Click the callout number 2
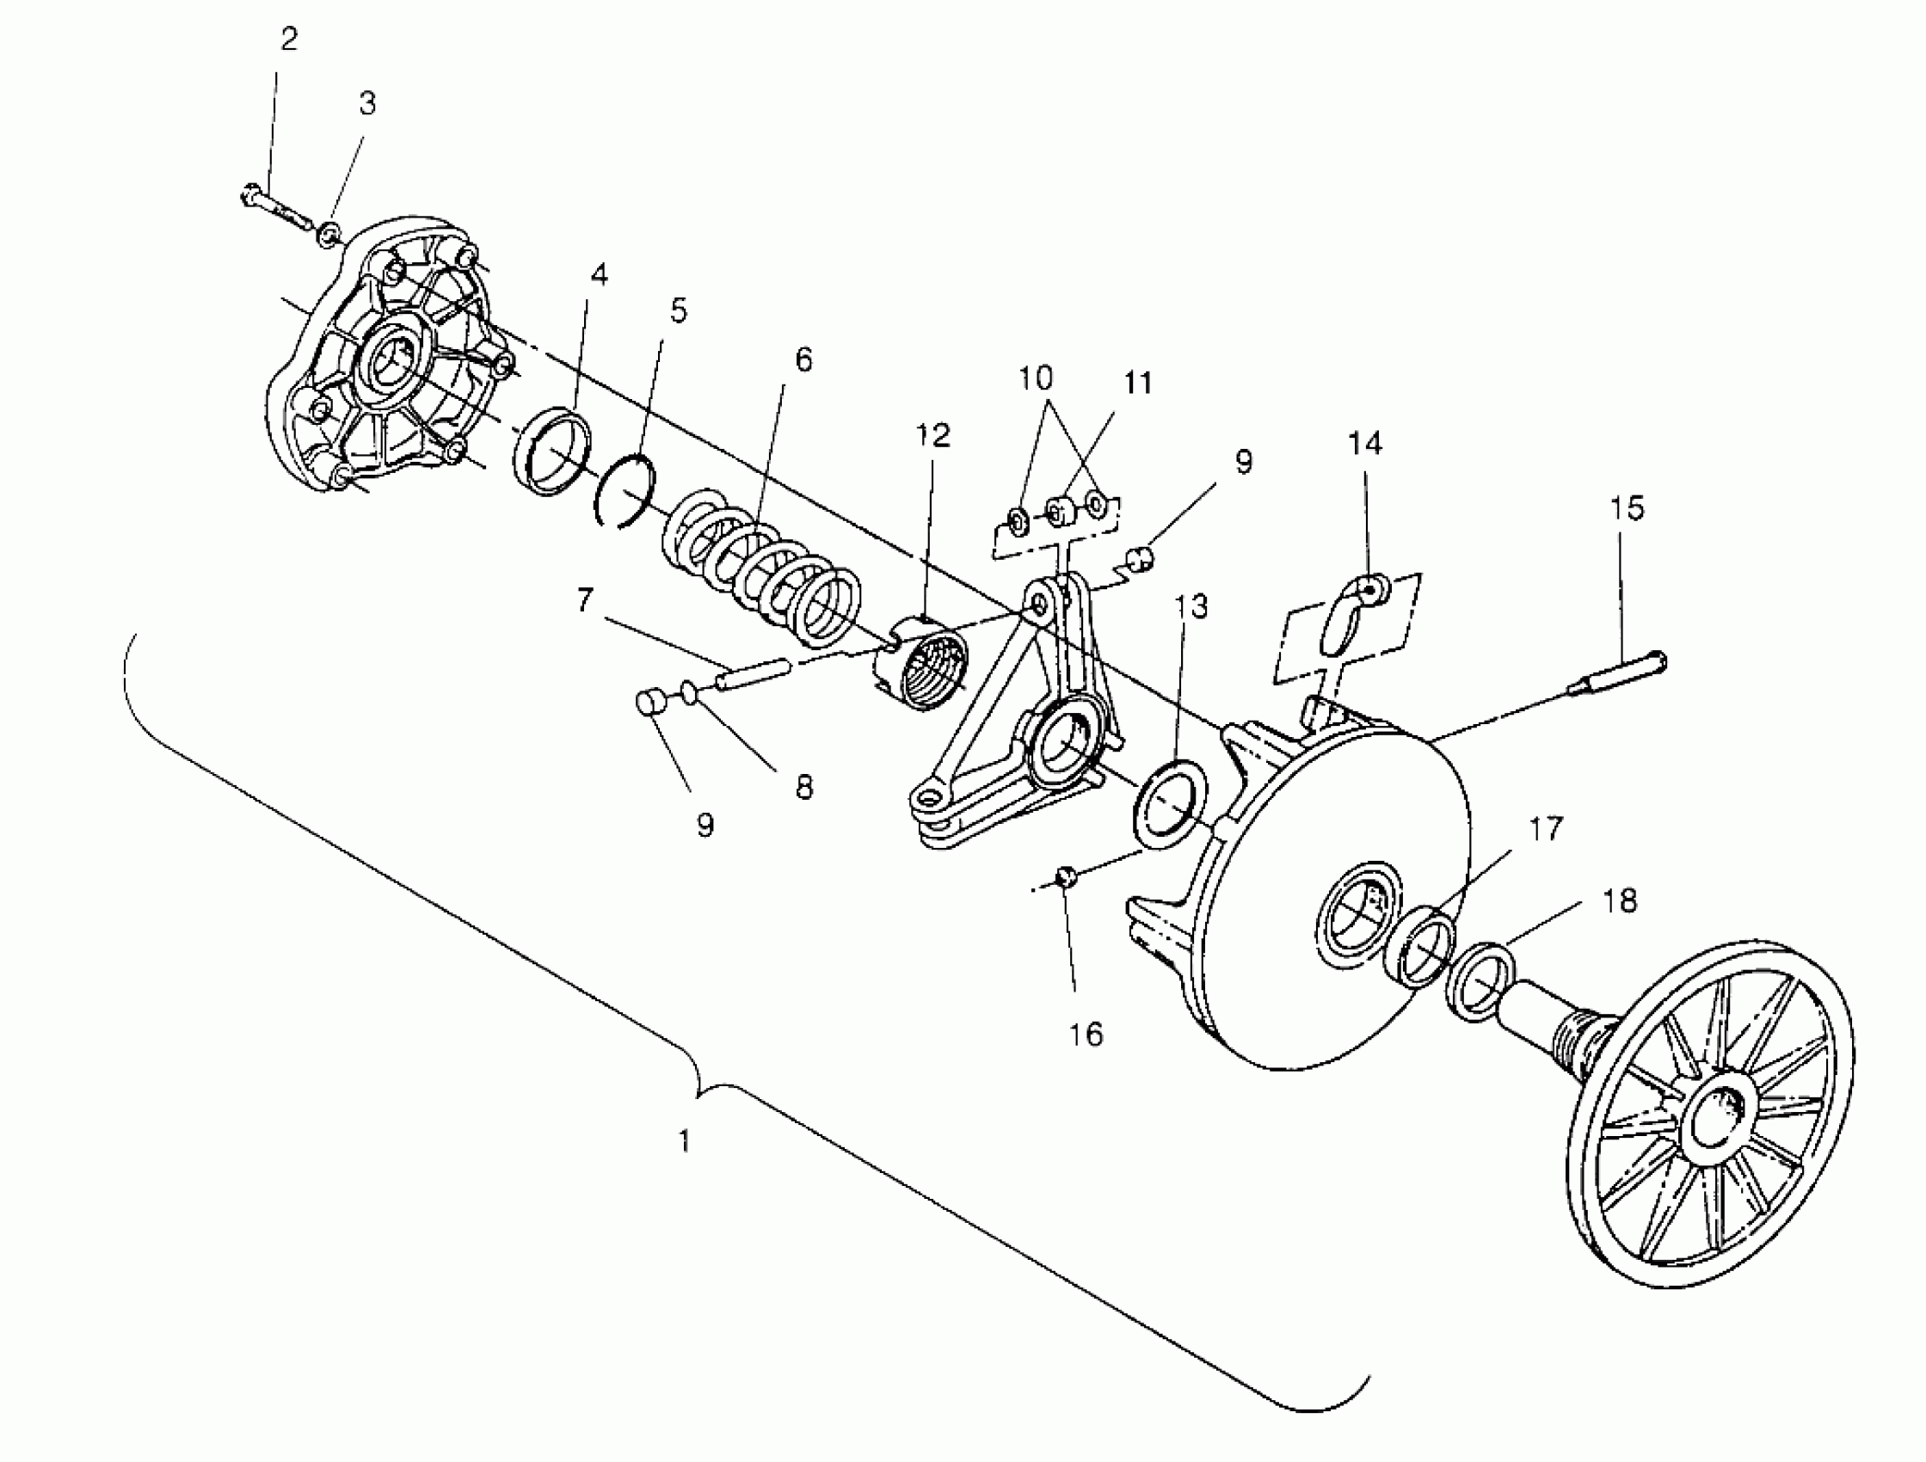click(289, 40)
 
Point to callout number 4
click(599, 275)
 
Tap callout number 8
click(803, 787)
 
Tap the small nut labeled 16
click(1065, 876)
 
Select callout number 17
click(1546, 829)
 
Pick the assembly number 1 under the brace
click(686, 1140)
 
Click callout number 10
click(1036, 378)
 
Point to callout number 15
click(1627, 508)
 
